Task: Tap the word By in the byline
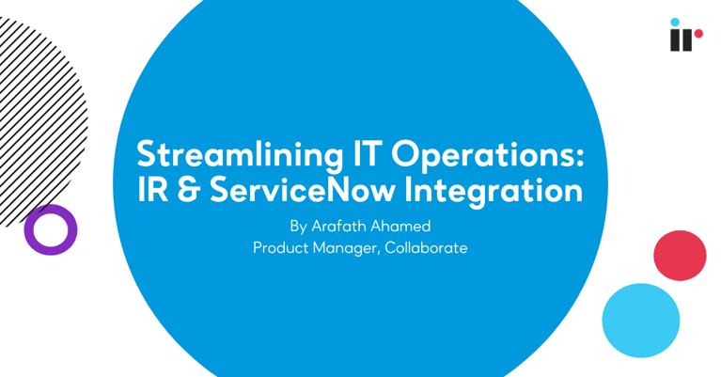(299, 227)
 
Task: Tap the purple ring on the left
(50, 229)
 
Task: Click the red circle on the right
(680, 255)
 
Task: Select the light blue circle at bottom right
(640, 321)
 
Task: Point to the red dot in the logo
(698, 34)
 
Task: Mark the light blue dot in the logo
(675, 22)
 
